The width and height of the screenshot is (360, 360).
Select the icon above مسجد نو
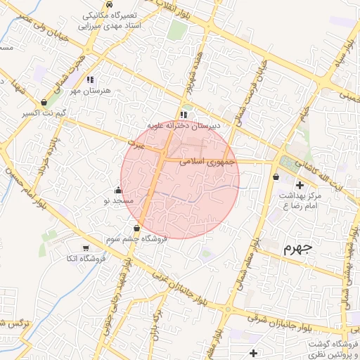pos(117,190)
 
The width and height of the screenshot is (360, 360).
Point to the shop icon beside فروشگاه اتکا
pos(86,248)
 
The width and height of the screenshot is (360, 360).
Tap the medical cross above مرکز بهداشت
pos(300,184)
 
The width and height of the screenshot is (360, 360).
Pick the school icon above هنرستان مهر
pos(90,80)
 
